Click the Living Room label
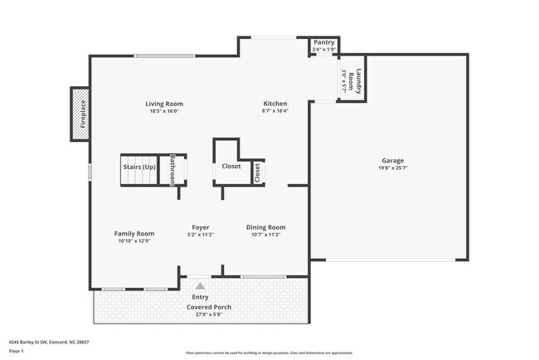click(166, 103)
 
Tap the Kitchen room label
click(275, 103)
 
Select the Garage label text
click(393, 160)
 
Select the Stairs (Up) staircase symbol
click(139, 168)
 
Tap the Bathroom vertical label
click(173, 169)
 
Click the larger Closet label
click(231, 166)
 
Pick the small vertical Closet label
click(257, 172)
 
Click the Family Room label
click(134, 234)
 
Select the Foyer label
click(200, 226)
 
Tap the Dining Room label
click(265, 226)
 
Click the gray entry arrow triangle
click(200, 285)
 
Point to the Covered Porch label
click(209, 307)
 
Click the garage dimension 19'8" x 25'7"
click(393, 168)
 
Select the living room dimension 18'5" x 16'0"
click(165, 111)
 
